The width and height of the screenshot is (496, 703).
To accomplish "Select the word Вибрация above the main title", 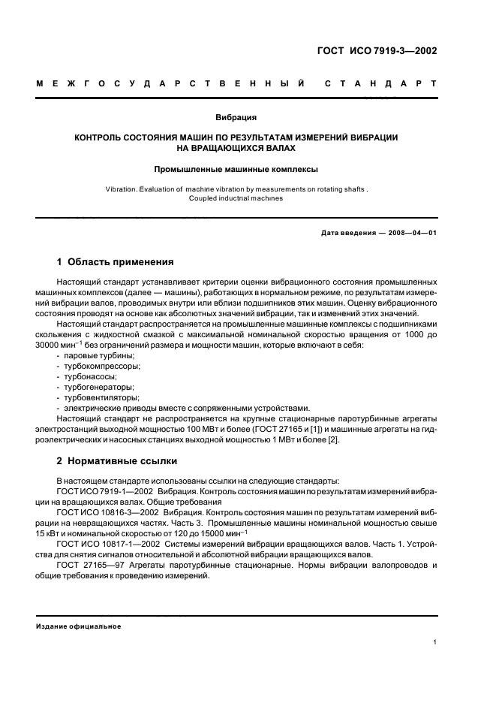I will pos(236,117).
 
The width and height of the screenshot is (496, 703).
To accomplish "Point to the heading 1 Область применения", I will pos(116,262).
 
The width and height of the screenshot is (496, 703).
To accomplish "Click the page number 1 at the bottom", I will pos(435,641).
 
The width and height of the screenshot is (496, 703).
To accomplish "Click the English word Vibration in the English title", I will pos(120,190).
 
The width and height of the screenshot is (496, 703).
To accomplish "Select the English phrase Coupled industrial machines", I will pos(236,199).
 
